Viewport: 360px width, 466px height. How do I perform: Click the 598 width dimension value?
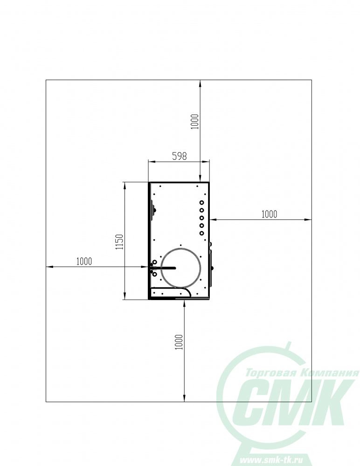[180, 156]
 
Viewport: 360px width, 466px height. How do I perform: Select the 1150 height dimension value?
[119, 242]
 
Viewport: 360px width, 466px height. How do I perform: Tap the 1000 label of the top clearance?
[194, 122]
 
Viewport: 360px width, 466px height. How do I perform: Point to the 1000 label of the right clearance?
[269, 214]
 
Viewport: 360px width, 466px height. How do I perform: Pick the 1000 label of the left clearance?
[84, 261]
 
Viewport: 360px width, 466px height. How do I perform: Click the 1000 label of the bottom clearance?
[179, 342]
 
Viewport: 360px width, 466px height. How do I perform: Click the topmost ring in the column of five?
[202, 203]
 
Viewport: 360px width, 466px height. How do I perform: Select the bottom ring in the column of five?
[202, 233]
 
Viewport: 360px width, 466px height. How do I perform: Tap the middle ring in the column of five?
[202, 218]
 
